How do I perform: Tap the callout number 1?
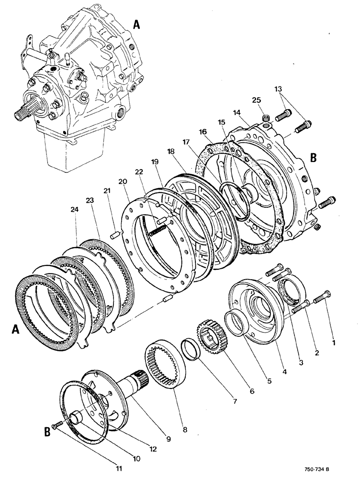coord(334,342)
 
